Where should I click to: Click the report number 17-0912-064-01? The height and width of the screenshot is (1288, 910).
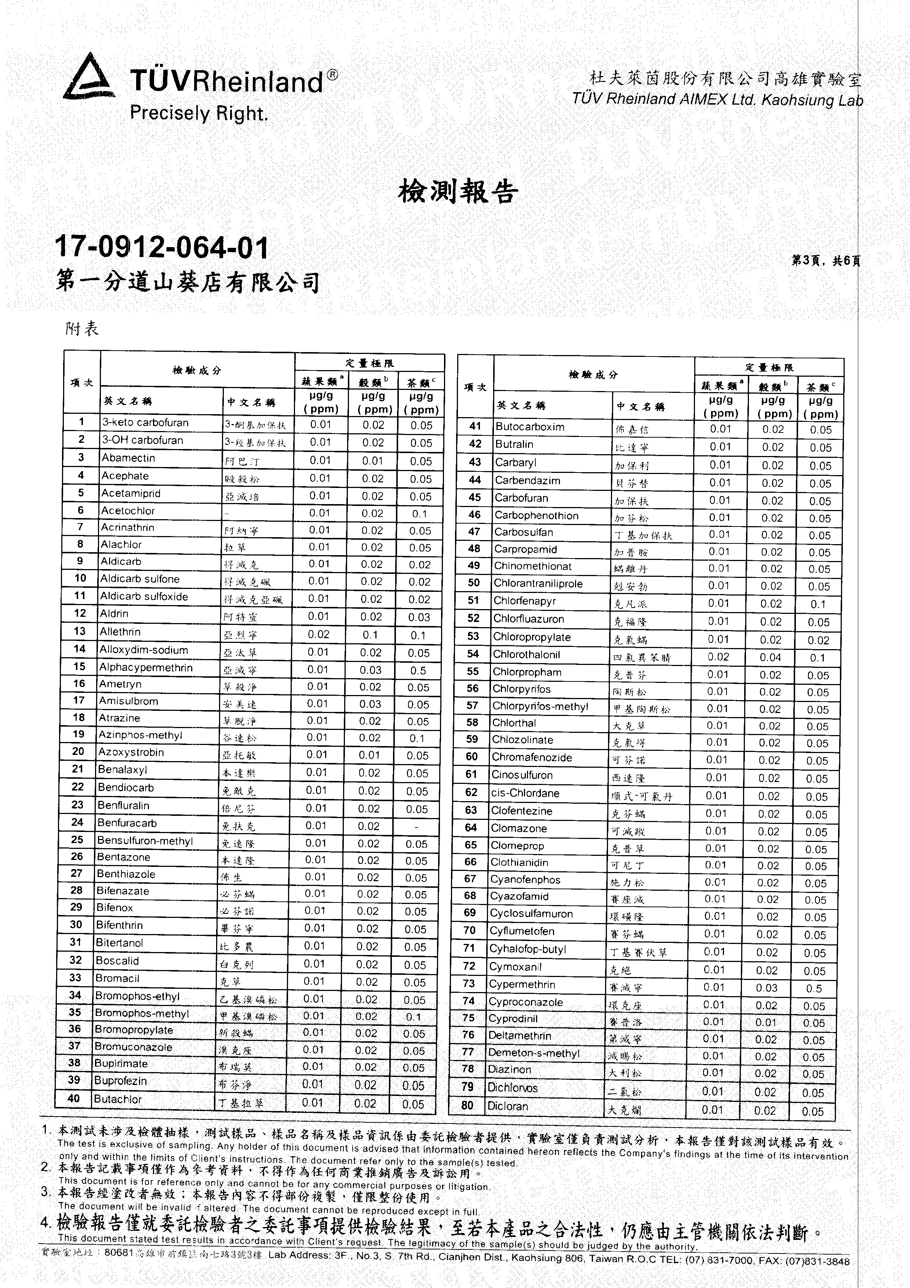162,247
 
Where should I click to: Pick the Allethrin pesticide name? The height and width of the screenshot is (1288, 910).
120,632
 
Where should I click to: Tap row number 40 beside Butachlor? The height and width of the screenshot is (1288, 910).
73,1099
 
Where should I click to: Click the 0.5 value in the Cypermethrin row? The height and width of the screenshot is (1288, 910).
814,988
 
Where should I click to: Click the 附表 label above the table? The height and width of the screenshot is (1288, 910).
82,328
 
